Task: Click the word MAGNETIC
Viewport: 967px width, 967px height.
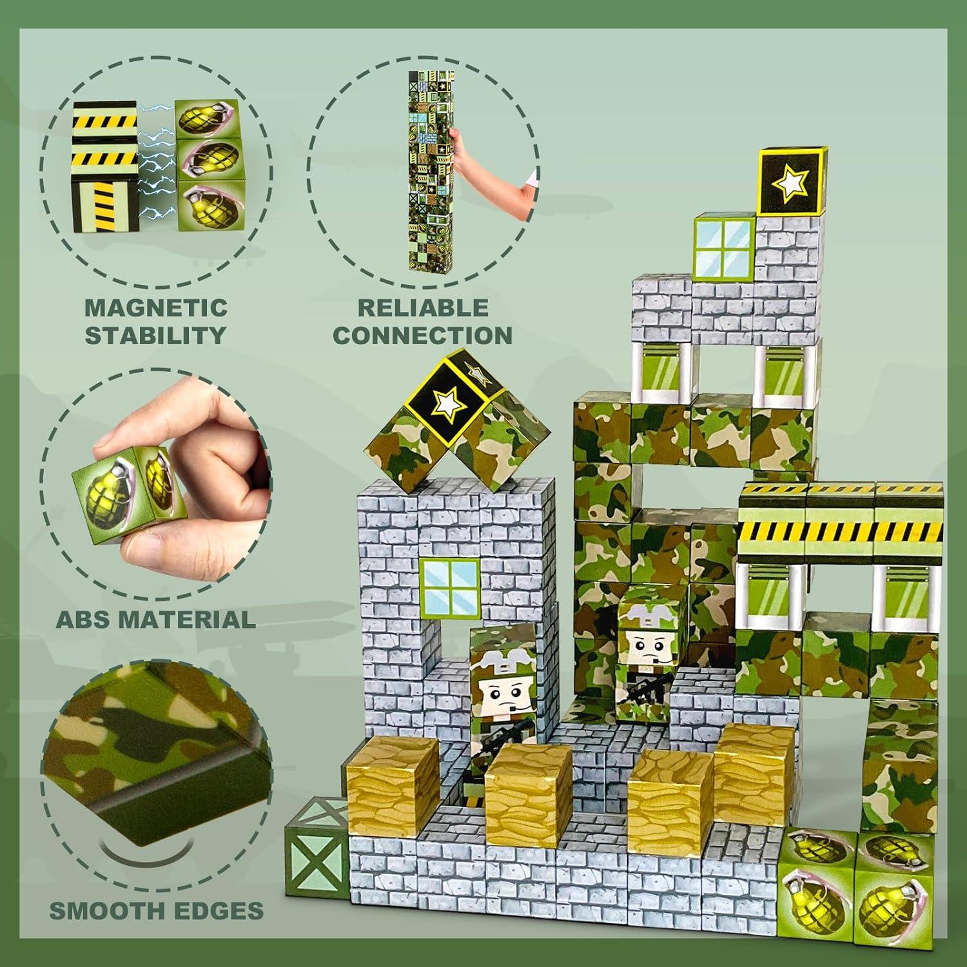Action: (156, 307)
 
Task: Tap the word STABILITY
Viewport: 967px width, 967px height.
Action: (156, 335)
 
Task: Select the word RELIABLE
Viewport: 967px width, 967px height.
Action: (423, 307)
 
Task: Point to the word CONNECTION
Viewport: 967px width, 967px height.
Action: (423, 335)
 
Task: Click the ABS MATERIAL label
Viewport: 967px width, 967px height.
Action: (155, 620)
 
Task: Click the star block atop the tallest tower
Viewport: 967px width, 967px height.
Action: (790, 182)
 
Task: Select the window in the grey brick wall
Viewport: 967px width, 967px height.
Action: (450, 587)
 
